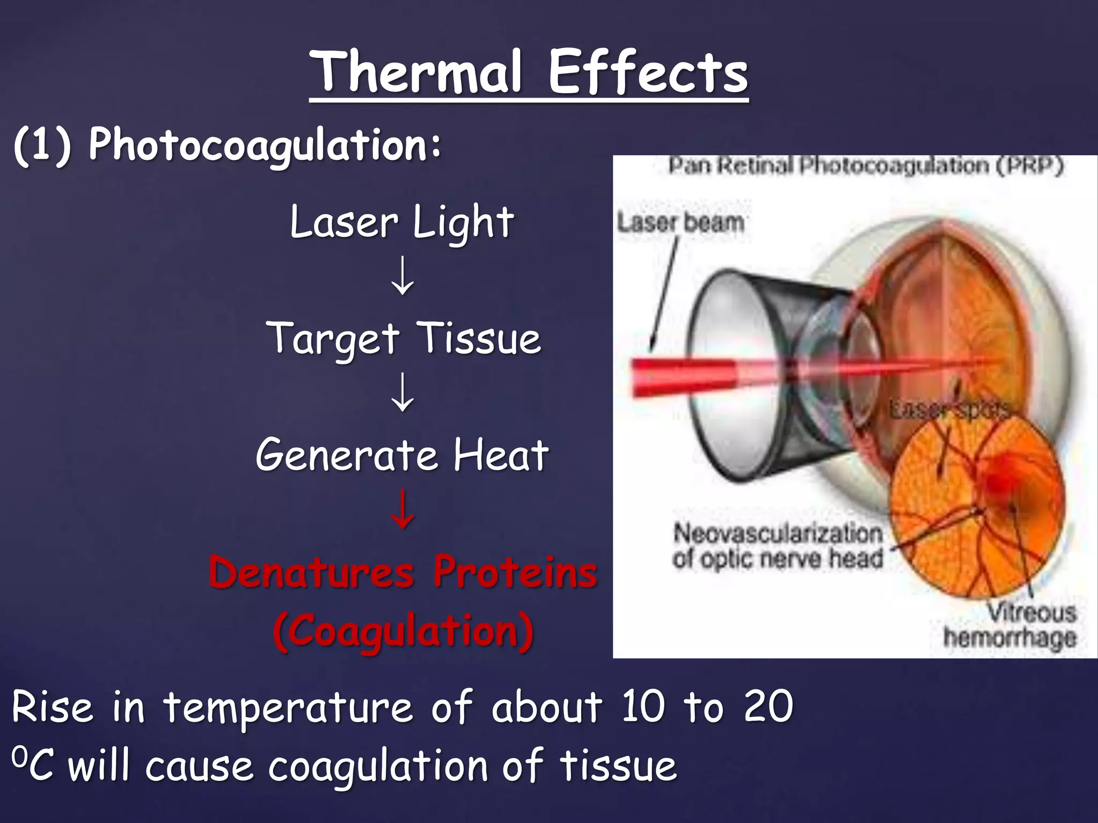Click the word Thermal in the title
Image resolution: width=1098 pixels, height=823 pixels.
point(417,72)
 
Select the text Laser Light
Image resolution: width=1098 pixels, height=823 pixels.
point(402,222)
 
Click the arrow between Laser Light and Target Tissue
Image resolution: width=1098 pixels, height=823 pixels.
point(402,276)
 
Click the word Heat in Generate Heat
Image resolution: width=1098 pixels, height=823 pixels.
point(501,455)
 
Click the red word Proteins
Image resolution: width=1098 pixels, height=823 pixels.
point(515,572)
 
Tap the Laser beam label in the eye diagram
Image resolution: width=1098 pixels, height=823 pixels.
point(680,222)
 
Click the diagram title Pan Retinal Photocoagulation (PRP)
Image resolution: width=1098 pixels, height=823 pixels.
point(865,166)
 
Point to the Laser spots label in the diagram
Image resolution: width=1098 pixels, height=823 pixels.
point(949,410)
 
